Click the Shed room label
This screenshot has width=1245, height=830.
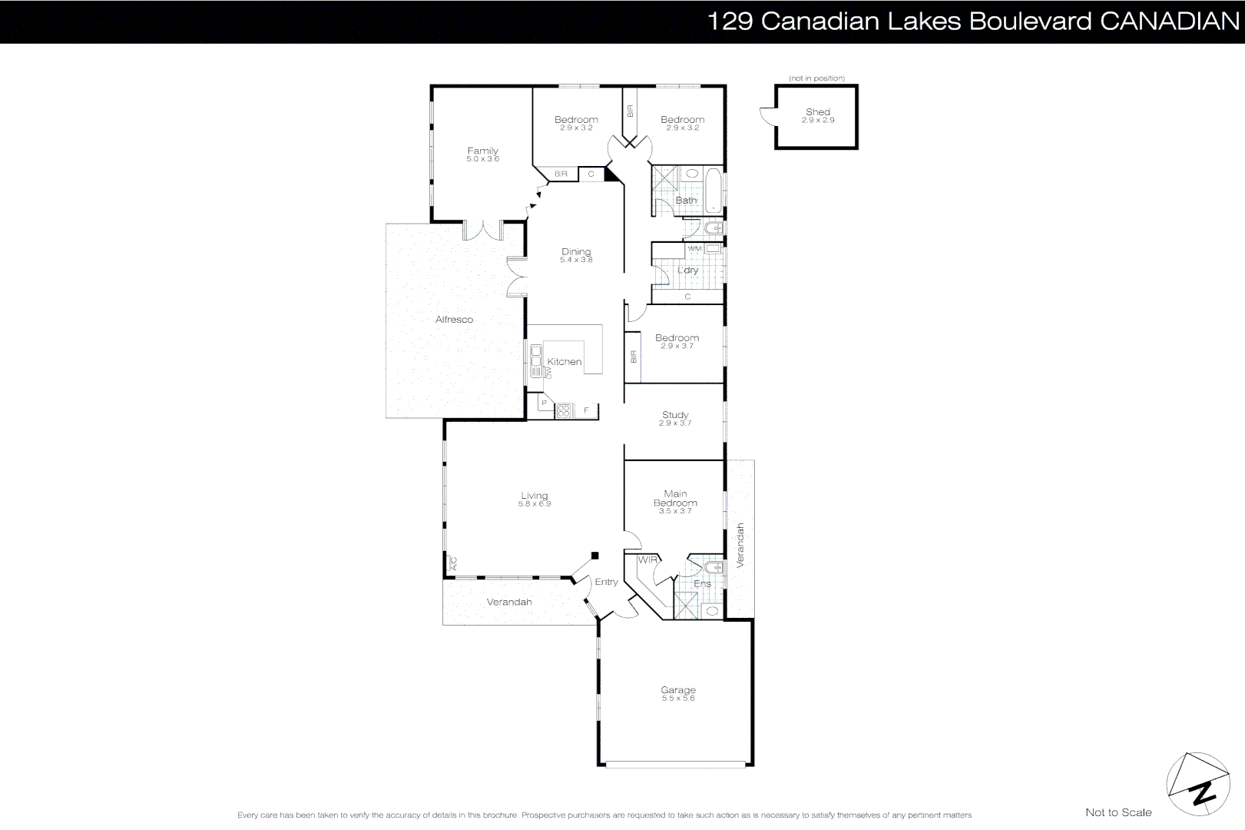(x=817, y=112)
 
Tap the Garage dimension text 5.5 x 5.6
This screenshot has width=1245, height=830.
(x=677, y=699)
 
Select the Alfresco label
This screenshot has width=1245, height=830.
(x=454, y=320)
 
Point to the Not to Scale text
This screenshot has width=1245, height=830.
(x=1118, y=812)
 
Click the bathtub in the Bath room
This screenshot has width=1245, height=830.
(x=714, y=191)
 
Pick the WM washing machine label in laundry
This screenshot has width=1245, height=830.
(x=694, y=249)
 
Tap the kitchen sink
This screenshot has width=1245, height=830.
(x=535, y=360)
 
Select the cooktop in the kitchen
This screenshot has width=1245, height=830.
(x=564, y=411)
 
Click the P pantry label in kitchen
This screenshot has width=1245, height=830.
(x=544, y=403)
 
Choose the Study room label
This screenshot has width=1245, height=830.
(x=675, y=415)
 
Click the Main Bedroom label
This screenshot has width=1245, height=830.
(x=675, y=499)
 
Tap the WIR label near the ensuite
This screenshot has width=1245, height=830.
(x=647, y=559)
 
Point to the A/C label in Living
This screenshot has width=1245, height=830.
(x=452, y=564)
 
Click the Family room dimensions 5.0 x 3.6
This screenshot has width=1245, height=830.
(x=482, y=159)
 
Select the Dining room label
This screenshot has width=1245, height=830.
(x=576, y=251)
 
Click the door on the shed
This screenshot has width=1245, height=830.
(x=766, y=116)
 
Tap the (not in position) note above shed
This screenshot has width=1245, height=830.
(x=816, y=78)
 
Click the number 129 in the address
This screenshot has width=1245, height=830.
(x=729, y=22)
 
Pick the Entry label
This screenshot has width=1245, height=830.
(x=606, y=582)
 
